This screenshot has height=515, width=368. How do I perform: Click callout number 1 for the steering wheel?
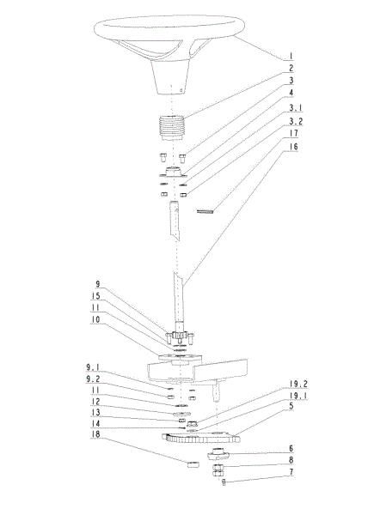click(x=291, y=56)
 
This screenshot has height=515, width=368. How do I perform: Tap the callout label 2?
click(x=291, y=69)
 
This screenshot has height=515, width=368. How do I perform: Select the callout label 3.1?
click(x=295, y=108)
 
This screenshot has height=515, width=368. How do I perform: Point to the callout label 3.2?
click(x=296, y=121)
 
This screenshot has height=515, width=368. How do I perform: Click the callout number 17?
click(x=293, y=133)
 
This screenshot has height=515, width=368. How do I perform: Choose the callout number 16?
click(x=293, y=147)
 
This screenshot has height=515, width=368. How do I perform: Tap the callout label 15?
click(x=95, y=296)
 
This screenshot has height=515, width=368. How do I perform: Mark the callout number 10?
click(x=95, y=319)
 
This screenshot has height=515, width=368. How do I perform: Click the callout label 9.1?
click(x=93, y=367)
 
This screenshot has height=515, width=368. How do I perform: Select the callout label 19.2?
click(x=298, y=384)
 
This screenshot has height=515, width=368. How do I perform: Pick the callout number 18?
click(x=95, y=434)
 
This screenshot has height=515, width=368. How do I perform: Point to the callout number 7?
click(x=291, y=472)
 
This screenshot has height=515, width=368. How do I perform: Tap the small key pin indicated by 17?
click(x=205, y=211)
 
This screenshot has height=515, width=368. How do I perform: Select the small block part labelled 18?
click(x=193, y=464)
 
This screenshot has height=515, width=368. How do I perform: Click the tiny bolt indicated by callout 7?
click(x=224, y=482)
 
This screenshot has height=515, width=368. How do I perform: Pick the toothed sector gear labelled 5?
click(x=201, y=438)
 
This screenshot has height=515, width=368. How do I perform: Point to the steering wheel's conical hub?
click(x=171, y=77)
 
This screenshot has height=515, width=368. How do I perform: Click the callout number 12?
click(x=95, y=402)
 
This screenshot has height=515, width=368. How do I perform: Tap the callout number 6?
click(x=291, y=448)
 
